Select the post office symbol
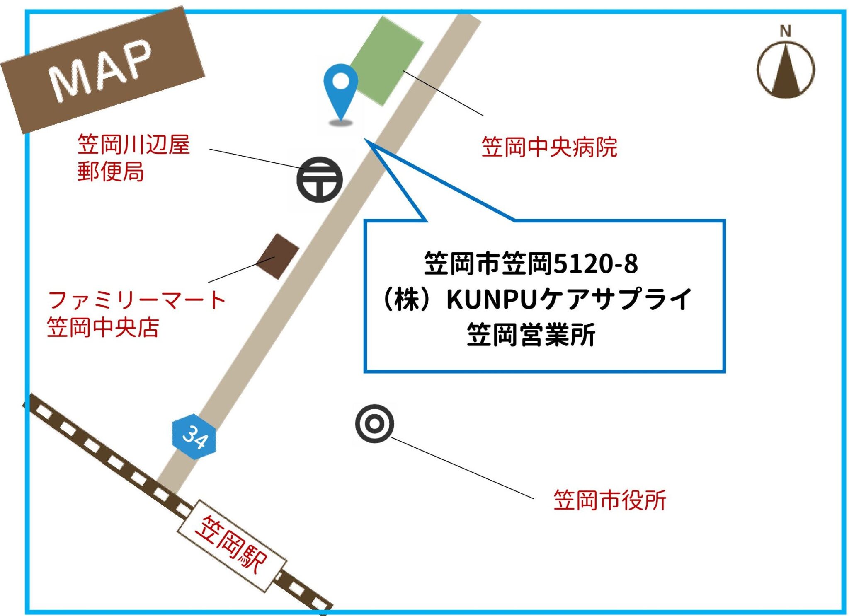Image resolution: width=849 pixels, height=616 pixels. point(319,179)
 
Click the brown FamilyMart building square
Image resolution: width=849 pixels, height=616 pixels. point(277,256)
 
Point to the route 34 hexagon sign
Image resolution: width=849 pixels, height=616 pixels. point(194,437)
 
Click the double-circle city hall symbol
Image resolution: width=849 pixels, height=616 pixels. point(374,423)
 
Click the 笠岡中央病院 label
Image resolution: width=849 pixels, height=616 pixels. point(549,147)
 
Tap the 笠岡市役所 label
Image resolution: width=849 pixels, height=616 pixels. point(609,500)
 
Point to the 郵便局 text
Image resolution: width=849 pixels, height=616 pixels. point(111,172)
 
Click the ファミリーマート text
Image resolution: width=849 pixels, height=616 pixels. point(137,300)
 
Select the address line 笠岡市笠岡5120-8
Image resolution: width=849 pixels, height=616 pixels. point(531,263)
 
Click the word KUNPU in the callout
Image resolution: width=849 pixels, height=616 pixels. point(492,300)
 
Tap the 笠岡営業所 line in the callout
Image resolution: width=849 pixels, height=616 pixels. point(531,335)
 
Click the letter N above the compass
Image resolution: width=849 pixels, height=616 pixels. point(786,31)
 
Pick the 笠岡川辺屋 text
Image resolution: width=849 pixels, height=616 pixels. point(133,145)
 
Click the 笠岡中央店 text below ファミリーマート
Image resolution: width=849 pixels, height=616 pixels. point(103,327)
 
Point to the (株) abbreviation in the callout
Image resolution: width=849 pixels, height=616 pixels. point(406,300)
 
